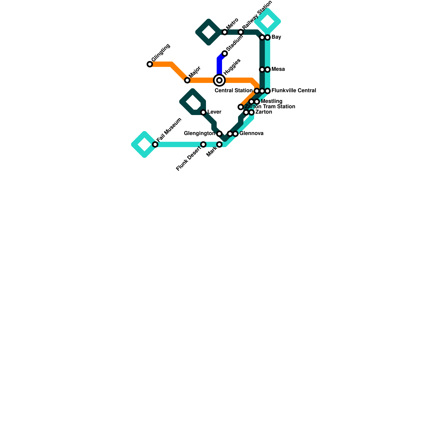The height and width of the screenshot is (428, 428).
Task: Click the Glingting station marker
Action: (150, 64)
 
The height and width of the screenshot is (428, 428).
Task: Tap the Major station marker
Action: (187, 80)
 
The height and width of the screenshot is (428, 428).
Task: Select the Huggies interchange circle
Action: (219, 80)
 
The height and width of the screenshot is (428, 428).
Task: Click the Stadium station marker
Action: (225, 53)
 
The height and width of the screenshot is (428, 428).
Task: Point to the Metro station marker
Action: (225, 32)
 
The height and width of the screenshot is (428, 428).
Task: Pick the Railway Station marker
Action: (241, 32)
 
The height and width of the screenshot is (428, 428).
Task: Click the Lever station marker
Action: (203, 112)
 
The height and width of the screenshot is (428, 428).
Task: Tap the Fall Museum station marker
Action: (155, 144)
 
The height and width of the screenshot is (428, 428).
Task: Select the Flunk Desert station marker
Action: (203, 144)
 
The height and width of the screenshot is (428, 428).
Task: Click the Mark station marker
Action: (219, 144)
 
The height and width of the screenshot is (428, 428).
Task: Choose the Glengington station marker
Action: (219, 134)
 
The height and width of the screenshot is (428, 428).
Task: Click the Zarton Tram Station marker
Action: (241, 107)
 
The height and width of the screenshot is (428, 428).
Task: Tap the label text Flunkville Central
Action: (293, 91)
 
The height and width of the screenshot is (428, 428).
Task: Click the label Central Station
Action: (233, 91)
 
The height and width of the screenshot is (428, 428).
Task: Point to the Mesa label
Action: (278, 69)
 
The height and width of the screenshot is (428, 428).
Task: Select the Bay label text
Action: (276, 37)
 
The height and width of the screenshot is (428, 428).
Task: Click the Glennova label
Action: (251, 133)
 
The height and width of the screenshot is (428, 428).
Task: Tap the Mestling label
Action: (272, 101)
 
